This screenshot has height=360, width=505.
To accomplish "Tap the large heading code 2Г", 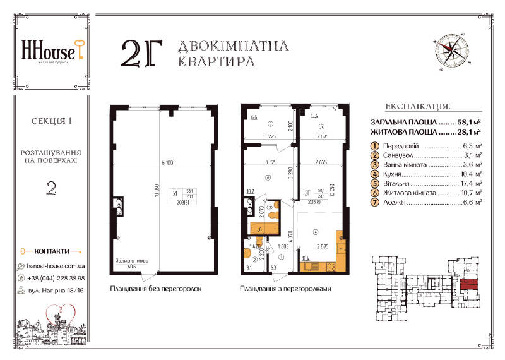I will (141, 54).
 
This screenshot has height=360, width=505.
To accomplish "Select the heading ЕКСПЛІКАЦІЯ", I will (417, 107).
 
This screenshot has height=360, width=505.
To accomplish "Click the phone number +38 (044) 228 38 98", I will (56, 278).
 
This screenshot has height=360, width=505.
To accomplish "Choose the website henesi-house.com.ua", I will (56, 267).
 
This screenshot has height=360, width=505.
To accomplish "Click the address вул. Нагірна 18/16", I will (57, 291).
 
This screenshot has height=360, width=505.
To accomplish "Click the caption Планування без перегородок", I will (155, 289).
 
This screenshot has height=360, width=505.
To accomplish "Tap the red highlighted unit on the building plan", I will (468, 284).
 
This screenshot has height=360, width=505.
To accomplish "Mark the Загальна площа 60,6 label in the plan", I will (131, 263).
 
